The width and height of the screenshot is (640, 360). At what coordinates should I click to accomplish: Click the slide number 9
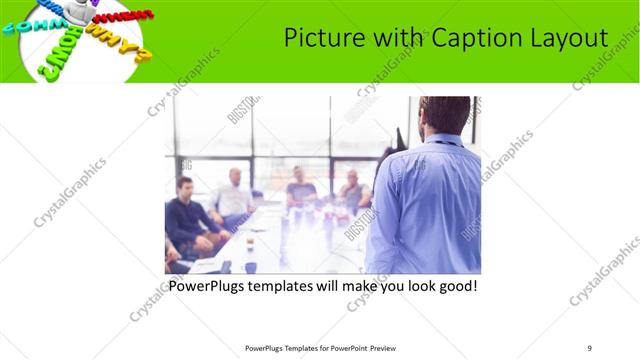pos(590,348)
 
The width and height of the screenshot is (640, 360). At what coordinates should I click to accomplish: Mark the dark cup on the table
pos(250,239)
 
